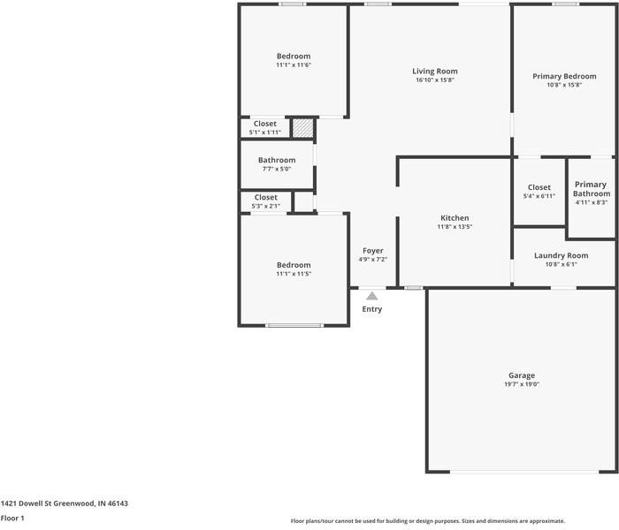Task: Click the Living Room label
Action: point(434,71)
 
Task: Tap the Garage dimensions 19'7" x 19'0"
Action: point(521,384)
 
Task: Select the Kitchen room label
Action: point(455,217)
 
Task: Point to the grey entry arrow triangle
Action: point(372,296)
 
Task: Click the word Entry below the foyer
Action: point(372,309)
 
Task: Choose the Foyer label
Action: point(372,251)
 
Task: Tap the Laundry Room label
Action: point(561,255)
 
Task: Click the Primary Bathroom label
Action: point(591,189)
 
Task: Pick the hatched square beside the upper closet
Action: point(303,128)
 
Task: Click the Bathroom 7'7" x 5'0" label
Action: point(277,160)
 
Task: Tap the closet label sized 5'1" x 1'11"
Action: point(265,124)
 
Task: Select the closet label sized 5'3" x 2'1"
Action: point(265,198)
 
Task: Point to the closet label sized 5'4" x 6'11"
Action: point(539,187)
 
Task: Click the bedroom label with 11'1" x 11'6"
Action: point(294,56)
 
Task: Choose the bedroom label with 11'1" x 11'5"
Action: point(294,265)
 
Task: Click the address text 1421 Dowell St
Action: point(65,503)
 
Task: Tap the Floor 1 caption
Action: point(12,519)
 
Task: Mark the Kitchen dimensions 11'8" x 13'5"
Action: point(455,227)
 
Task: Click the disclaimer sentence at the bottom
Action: point(427,521)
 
